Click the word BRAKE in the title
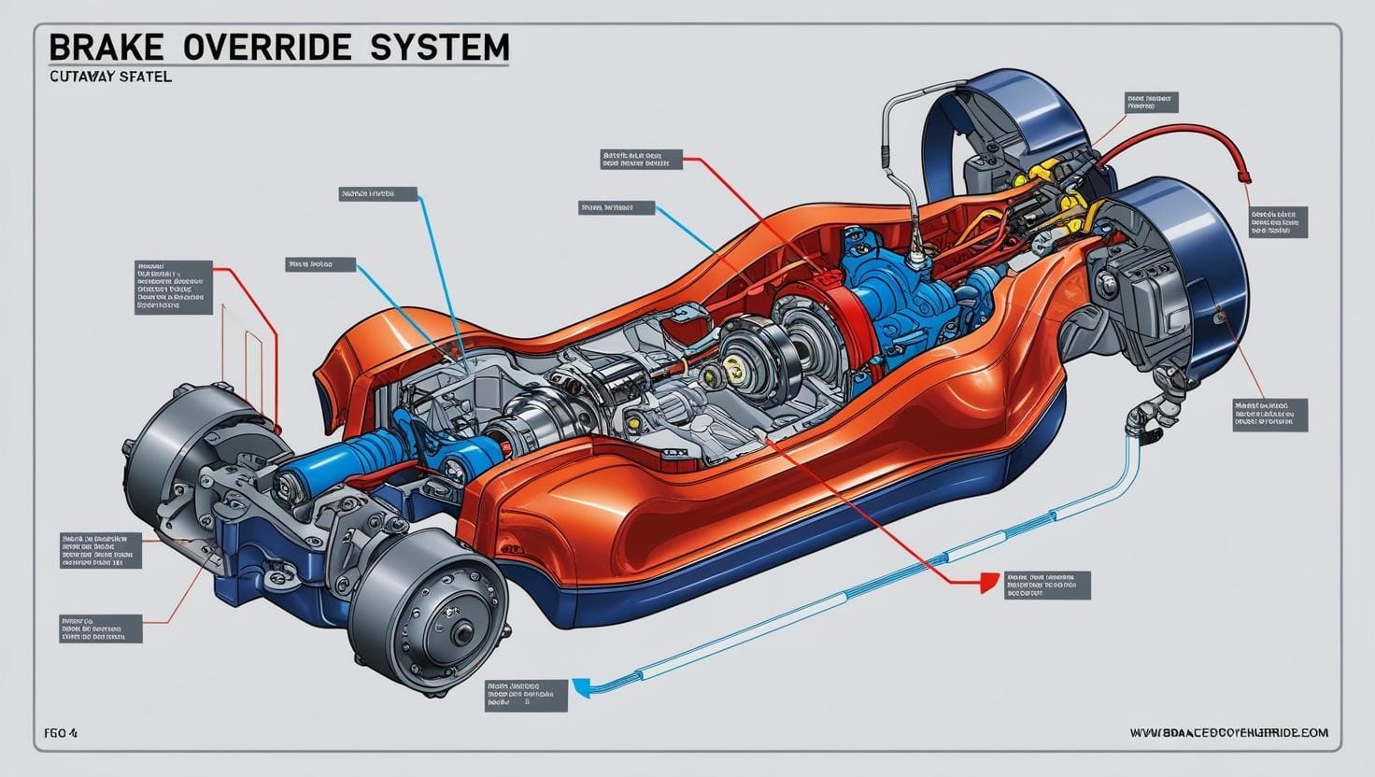tap(100, 47)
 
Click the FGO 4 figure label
tap(61, 733)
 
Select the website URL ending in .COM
tap(1228, 733)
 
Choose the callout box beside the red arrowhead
tap(1046, 586)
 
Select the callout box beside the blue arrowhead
tap(526, 696)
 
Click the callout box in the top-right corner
tap(1152, 102)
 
